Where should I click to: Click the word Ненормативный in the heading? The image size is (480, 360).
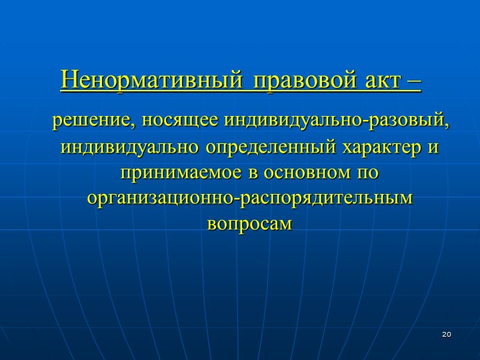(151, 80)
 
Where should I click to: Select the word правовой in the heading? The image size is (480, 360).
(305, 81)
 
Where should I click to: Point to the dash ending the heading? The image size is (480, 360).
(414, 82)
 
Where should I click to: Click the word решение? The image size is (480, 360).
(92, 120)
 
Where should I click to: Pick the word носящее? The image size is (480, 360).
(180, 120)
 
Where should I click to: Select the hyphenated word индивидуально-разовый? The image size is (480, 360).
(334, 120)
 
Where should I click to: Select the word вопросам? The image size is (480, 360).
(250, 224)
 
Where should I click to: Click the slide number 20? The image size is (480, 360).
(447, 334)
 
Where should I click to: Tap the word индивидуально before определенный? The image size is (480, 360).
(129, 147)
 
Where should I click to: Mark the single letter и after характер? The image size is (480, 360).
(433, 148)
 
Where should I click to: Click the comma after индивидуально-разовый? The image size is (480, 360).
(446, 125)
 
